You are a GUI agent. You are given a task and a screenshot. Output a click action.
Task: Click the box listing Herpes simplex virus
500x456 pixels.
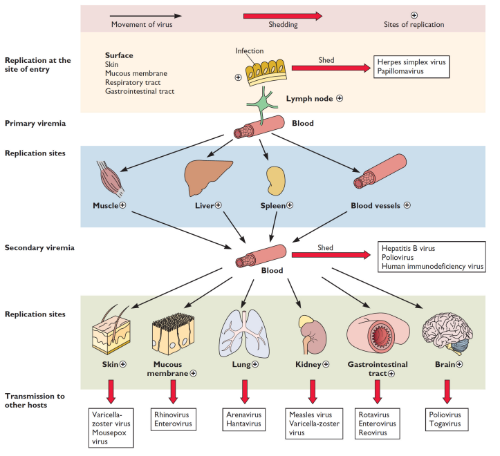coord(412,68)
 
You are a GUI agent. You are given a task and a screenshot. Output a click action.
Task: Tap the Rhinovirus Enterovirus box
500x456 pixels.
coord(173,418)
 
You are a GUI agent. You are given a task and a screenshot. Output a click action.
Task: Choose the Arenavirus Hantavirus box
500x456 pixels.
coord(243,418)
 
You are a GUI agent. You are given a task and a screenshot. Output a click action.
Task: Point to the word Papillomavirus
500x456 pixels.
coord(403,73)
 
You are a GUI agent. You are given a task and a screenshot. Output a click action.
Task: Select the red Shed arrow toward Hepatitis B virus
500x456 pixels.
coord(331,256)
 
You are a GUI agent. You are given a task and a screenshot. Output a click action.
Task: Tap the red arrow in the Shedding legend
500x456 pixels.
coord(282,15)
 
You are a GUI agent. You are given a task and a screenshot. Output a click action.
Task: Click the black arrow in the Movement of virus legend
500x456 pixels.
coord(146,15)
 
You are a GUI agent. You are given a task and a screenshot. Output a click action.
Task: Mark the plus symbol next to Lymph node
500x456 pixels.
coord(340,98)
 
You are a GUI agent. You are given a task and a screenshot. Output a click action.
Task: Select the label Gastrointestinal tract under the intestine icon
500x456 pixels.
coord(377,368)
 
